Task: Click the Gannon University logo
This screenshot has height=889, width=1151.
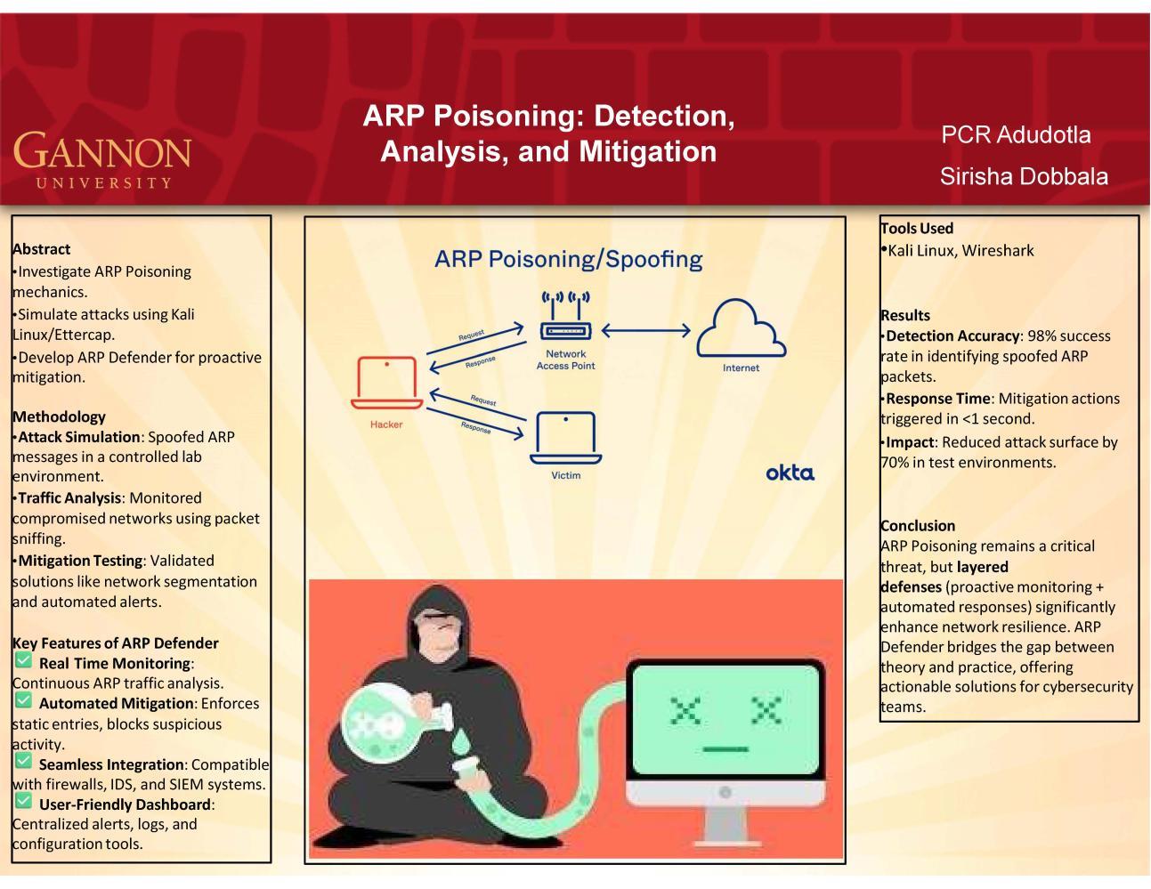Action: click(x=102, y=159)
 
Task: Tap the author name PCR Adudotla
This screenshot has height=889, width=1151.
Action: click(x=1016, y=135)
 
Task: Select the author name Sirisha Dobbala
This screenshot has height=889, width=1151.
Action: click(x=1024, y=176)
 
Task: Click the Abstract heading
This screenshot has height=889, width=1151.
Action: click(x=41, y=249)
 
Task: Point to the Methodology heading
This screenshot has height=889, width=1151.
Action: click(x=59, y=416)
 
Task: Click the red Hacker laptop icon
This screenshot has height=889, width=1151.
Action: click(x=386, y=383)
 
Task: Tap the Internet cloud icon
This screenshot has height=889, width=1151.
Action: click(x=741, y=328)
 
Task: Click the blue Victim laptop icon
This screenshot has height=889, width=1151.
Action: click(x=565, y=438)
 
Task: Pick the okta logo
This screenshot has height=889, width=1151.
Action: click(x=790, y=473)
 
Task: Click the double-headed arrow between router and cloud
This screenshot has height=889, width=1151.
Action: click(x=645, y=331)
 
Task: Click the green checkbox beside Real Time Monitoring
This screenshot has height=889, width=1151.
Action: click(x=23, y=659)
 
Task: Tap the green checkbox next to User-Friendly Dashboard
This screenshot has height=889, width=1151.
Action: click(x=23, y=801)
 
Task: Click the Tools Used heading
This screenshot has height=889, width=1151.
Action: click(x=916, y=228)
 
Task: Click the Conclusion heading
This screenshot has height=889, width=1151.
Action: click(x=918, y=525)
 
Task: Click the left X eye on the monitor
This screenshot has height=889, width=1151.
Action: click(x=686, y=710)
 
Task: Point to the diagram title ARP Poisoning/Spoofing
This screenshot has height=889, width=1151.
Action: click(x=568, y=260)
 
